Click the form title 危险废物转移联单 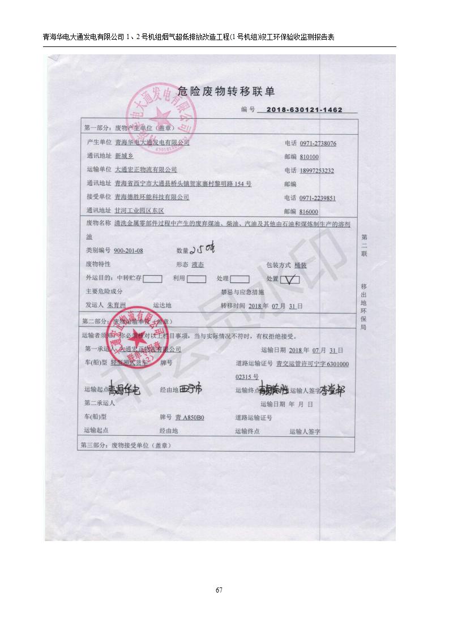(x=226, y=91)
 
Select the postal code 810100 (x=309, y=157)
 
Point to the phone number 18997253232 (x=317, y=171)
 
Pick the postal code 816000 (x=309, y=212)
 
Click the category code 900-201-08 (x=129, y=250)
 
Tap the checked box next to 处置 (x=289, y=278)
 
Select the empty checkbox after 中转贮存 (x=152, y=278)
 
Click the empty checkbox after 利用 (x=196, y=278)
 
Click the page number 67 (x=219, y=591)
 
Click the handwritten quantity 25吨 (x=203, y=249)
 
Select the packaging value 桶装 (x=300, y=265)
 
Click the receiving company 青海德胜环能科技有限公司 (x=151, y=198)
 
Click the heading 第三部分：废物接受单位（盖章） (x=127, y=445)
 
